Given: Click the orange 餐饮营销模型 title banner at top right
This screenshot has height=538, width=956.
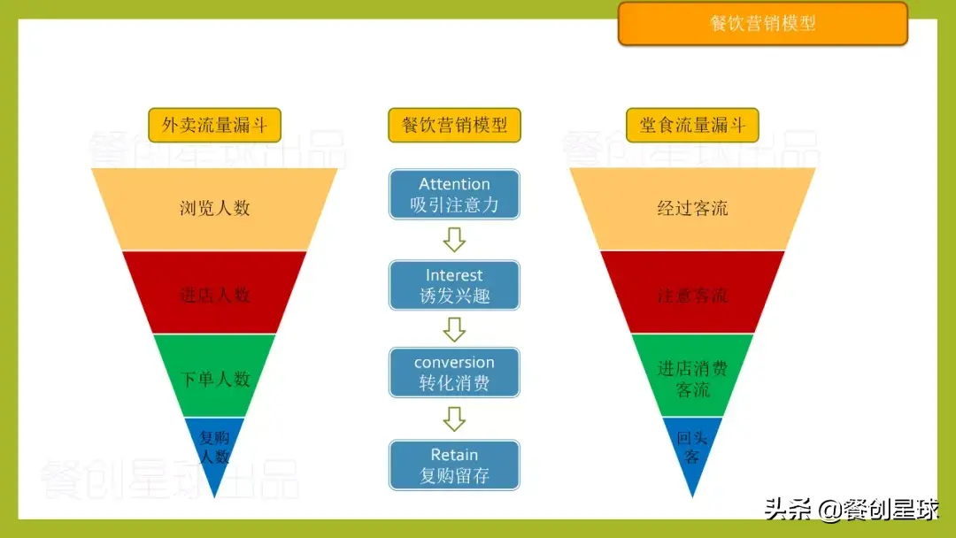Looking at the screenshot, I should click(x=762, y=24).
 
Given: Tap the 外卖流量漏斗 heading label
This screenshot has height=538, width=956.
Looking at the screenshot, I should click(x=214, y=125).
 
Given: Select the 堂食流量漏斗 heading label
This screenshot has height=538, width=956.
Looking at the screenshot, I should click(x=692, y=125).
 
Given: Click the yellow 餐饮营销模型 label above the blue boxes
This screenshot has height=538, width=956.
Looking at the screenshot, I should click(x=454, y=125).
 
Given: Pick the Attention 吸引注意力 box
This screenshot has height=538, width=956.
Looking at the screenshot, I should click(x=454, y=195).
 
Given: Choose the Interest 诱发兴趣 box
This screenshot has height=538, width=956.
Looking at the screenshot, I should click(x=454, y=285).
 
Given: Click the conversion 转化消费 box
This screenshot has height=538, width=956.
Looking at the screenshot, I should click(x=454, y=373).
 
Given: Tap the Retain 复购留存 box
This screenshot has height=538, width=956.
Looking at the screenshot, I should click(x=454, y=465).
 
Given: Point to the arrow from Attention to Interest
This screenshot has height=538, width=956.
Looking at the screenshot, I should click(x=454, y=239).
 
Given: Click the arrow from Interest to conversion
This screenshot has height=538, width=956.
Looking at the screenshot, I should click(x=454, y=329).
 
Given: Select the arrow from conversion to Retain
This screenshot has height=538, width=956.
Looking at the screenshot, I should click(x=454, y=418).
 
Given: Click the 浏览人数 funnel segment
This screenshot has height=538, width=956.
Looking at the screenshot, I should click(x=214, y=209).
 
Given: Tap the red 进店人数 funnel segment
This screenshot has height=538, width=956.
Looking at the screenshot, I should click(x=214, y=294).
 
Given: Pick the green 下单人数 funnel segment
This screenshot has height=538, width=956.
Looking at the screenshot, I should click(x=214, y=378).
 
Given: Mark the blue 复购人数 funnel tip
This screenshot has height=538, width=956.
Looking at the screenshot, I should click(x=214, y=448).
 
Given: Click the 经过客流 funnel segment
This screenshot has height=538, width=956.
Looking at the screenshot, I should click(x=692, y=209).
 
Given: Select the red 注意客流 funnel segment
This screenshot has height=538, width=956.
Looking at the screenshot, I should click(x=692, y=294).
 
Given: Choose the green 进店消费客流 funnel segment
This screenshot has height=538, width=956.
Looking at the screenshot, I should click(x=692, y=378).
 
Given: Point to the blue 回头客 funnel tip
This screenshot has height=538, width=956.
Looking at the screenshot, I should click(x=692, y=448).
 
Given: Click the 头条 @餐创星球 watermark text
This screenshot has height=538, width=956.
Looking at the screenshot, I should click(x=851, y=511).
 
